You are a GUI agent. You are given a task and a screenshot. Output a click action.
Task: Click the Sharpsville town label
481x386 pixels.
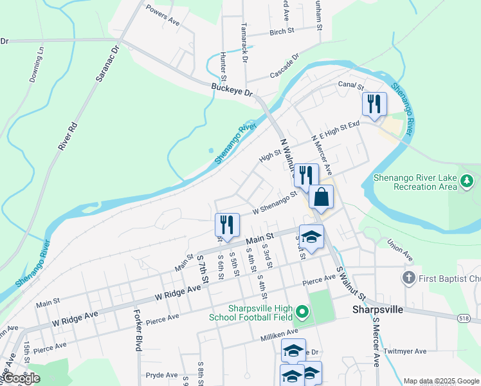pos(377,309)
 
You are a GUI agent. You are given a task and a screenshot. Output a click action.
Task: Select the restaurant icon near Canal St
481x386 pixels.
pos(374,105)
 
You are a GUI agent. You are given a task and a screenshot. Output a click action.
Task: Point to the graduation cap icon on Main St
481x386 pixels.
pos(312,237)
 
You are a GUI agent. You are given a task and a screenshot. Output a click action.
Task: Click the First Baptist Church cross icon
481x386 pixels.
pos(408,278)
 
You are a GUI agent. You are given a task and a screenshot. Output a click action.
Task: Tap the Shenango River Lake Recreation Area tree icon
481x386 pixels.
pos(468,183)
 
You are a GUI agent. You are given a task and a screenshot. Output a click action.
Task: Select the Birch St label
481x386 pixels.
pos(282,31)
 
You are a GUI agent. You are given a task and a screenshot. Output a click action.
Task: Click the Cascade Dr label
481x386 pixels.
pos(285,67)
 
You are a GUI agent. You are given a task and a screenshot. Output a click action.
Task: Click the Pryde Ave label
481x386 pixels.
pos(161,375)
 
